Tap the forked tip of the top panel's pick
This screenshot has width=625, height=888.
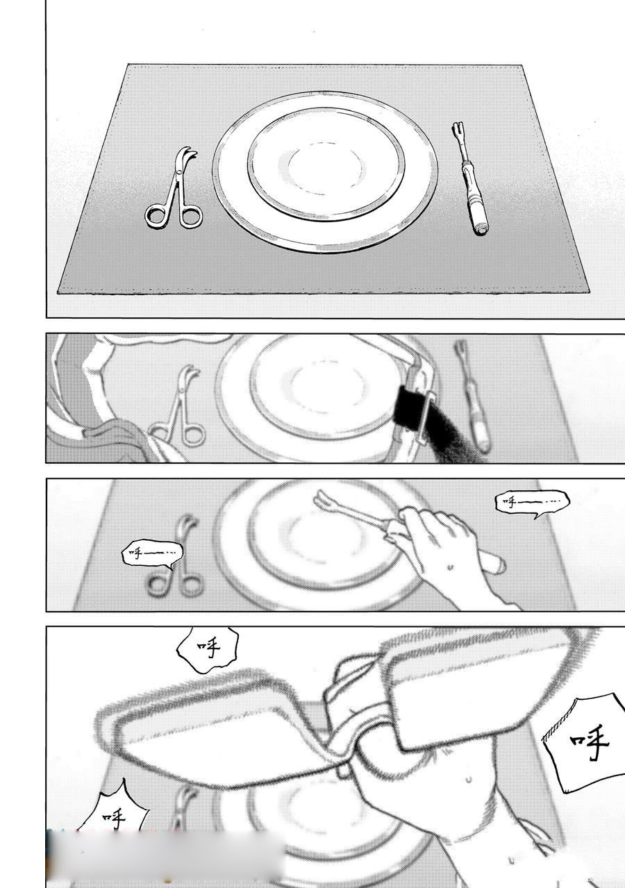click(458, 131)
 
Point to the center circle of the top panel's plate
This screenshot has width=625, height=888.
click(324, 167)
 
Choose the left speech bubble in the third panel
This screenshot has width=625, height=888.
click(151, 553)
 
